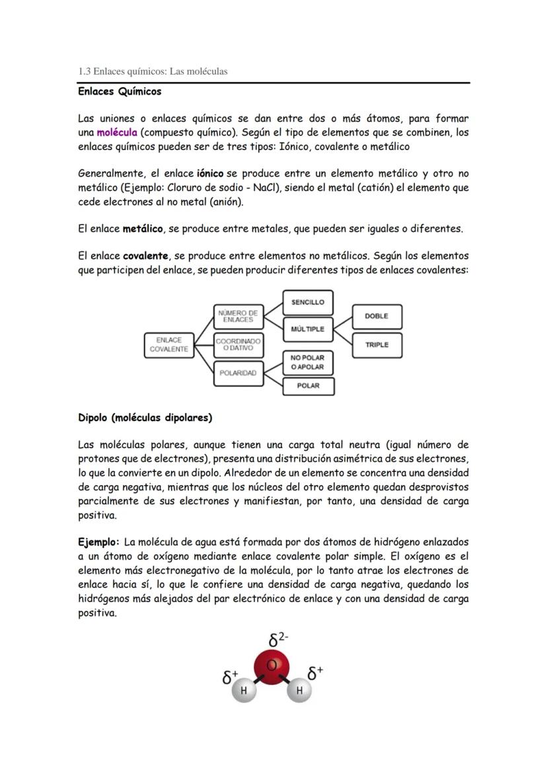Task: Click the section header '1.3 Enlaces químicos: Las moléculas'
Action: (x=153, y=71)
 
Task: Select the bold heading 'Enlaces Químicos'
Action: (x=120, y=91)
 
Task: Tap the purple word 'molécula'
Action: (x=116, y=132)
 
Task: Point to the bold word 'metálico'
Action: (x=143, y=229)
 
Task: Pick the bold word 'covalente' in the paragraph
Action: (x=145, y=255)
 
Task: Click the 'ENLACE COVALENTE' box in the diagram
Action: (x=168, y=344)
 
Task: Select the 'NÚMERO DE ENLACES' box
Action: (x=238, y=316)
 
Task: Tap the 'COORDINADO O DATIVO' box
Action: (x=238, y=344)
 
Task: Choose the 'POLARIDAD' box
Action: (x=238, y=373)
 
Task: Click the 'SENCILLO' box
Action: (x=308, y=302)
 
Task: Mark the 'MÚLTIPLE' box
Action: (x=308, y=329)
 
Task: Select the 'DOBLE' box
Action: (x=377, y=316)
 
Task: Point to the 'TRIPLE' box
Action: (x=377, y=344)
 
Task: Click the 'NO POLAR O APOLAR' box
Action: (x=308, y=362)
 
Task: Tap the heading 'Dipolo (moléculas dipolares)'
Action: (x=145, y=418)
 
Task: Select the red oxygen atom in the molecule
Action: (x=272, y=668)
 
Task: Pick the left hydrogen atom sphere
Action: (x=244, y=691)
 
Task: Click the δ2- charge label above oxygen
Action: (x=277, y=640)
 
